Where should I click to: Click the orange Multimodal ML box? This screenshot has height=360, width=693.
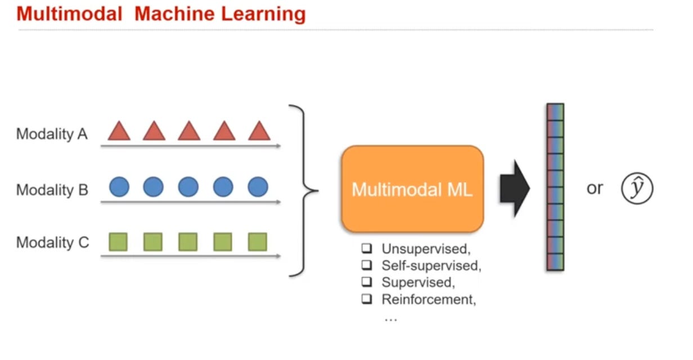click(412, 189)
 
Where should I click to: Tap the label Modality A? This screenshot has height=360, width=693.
click(52, 134)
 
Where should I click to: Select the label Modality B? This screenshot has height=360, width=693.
click(52, 190)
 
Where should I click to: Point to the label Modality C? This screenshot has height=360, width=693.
click(52, 242)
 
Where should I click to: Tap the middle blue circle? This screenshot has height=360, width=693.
click(188, 187)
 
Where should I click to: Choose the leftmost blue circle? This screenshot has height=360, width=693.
click(119, 187)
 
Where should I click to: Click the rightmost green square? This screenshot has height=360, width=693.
click(258, 242)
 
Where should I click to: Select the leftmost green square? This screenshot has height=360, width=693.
click(118, 242)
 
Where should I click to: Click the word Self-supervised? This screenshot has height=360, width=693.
click(431, 265)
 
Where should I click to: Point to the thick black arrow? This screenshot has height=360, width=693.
click(514, 189)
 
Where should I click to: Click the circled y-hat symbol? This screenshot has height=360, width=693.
click(637, 189)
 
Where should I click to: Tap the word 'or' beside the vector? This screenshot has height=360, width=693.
click(595, 189)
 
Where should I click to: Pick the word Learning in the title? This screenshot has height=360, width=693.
click(263, 13)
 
